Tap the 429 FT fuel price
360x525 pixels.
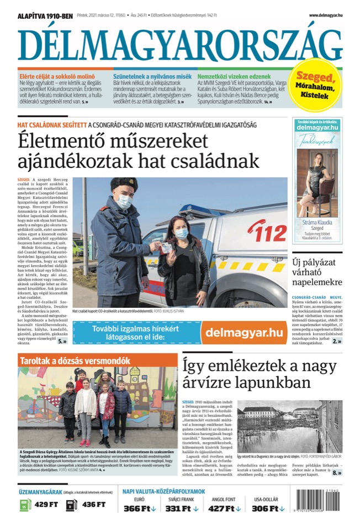pyautogui.click(x=46, y=504)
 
